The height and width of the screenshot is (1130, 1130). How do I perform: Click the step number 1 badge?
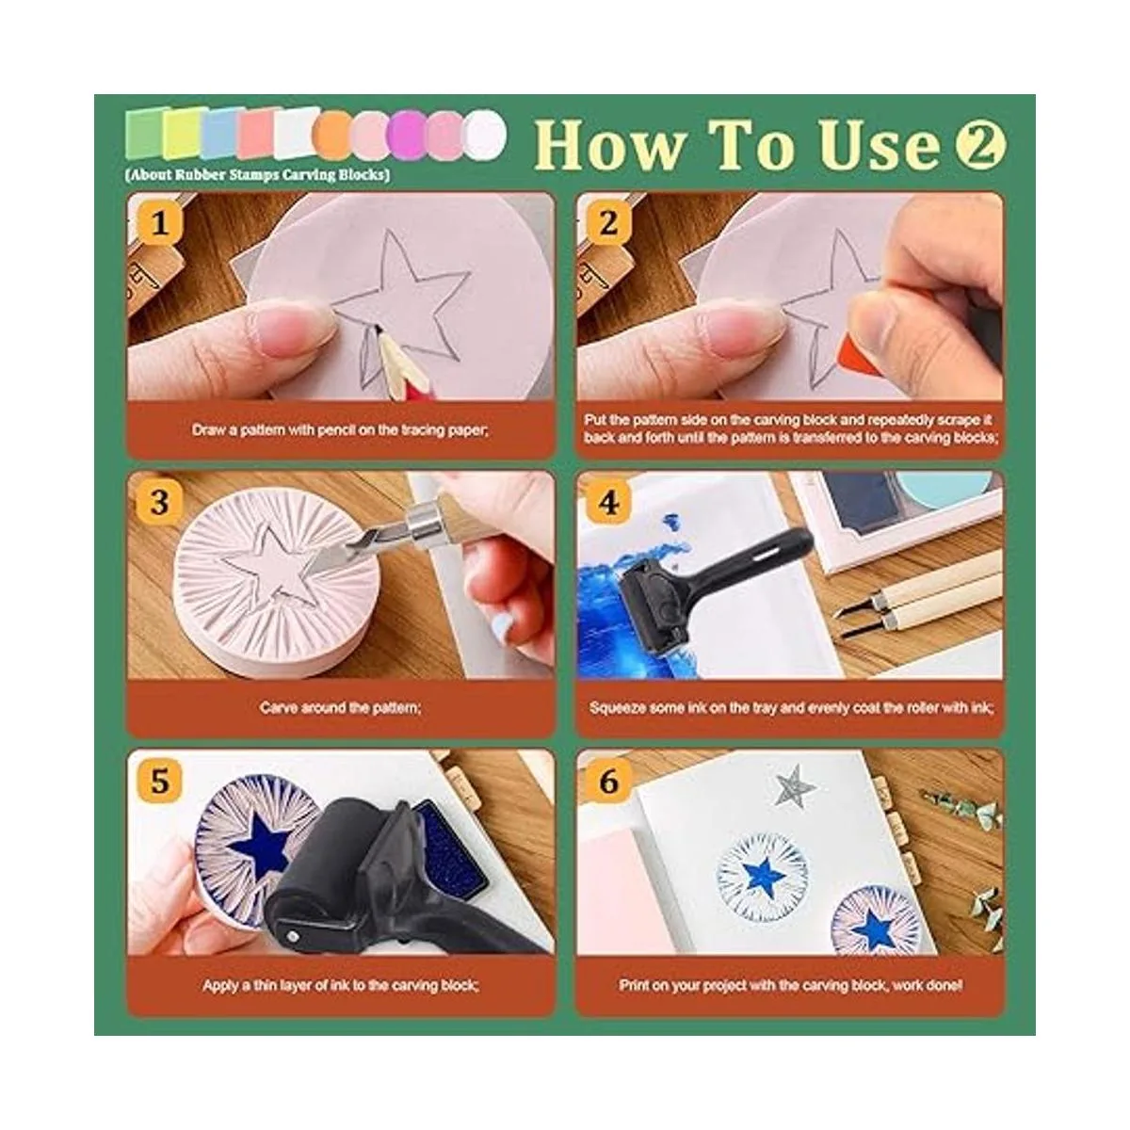click(159, 224)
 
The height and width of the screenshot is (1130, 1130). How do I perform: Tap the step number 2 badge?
click(608, 224)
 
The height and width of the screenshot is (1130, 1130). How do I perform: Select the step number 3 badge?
click(159, 503)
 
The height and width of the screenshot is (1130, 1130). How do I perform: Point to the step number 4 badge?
click(608, 503)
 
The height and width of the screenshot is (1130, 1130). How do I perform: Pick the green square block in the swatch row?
click(144, 134)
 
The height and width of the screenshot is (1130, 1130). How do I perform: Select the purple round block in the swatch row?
click(408, 136)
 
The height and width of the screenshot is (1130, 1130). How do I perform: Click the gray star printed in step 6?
click(794, 784)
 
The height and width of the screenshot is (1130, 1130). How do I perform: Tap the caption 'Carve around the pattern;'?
click(340, 708)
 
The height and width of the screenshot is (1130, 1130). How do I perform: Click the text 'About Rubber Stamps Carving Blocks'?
click(257, 175)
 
